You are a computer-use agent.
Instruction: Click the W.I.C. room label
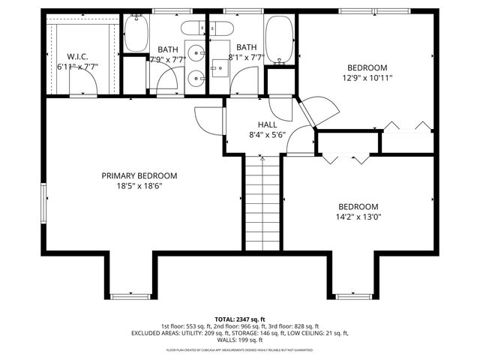click(78, 56)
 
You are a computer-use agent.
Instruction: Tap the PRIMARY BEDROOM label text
click(145, 175)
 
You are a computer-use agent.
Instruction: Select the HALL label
click(267, 125)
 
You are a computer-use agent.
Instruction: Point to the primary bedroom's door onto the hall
click(206, 120)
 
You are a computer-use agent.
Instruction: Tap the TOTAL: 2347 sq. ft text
click(240, 319)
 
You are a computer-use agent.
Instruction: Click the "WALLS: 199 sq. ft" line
click(240, 340)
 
